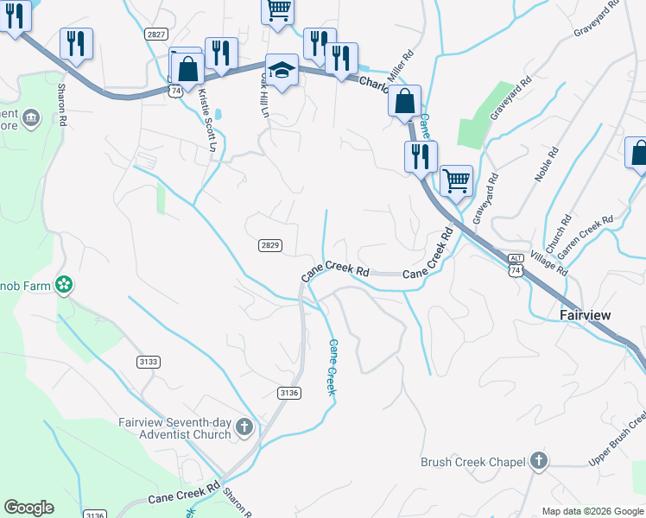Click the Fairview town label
(585, 315)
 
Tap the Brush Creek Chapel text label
(473, 462)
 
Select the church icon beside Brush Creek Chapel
(540, 461)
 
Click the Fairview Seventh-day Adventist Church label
(175, 428)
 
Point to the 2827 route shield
(156, 34)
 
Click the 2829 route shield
(269, 245)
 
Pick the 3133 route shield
(148, 362)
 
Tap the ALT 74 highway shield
(516, 265)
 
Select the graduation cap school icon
(282, 70)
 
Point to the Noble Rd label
(542, 162)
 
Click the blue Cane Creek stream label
(332, 367)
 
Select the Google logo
(28, 508)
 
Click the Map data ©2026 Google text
(592, 511)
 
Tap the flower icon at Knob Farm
(63, 284)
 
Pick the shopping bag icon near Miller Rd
(404, 102)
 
